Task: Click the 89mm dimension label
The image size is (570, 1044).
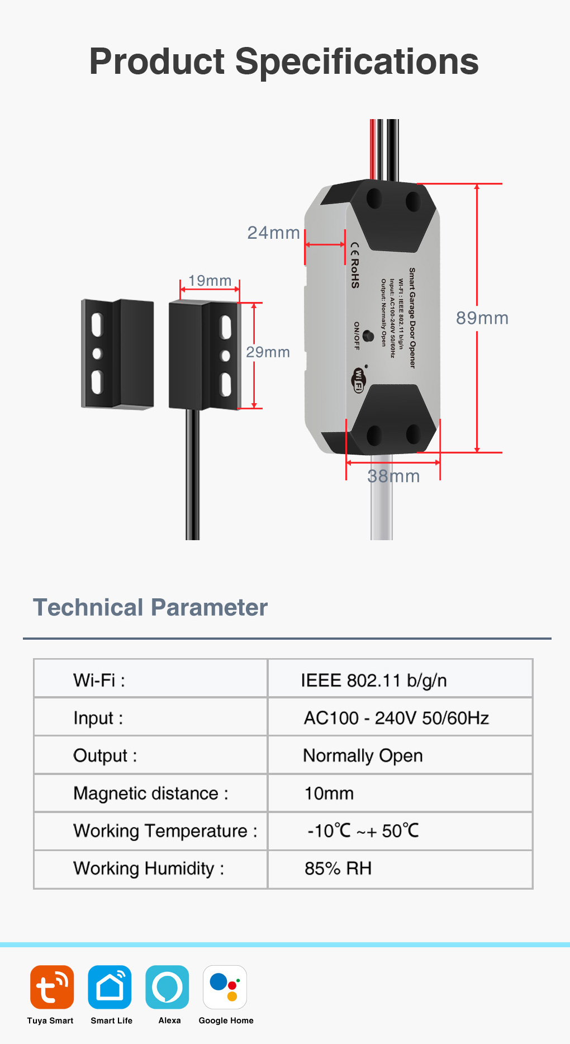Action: pos(482,318)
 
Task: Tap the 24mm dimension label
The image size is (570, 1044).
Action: pos(273,233)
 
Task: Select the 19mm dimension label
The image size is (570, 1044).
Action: pos(210,280)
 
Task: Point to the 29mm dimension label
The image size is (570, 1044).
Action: pos(268,352)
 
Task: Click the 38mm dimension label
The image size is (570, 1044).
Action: pos(393,476)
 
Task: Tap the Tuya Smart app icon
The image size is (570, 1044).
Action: pos(52,987)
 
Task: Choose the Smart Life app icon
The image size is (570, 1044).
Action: pos(110,987)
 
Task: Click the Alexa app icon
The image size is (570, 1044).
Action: pos(167,987)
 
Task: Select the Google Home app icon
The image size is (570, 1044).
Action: pos(225,987)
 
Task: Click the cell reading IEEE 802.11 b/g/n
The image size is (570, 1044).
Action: pos(373,681)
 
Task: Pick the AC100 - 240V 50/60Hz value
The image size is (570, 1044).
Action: pos(396,718)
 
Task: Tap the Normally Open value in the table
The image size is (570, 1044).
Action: pos(363,755)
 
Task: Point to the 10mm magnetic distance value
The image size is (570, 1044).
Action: pos(329,793)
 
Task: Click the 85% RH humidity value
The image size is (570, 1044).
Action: pos(338,868)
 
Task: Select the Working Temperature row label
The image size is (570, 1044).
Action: pos(165,831)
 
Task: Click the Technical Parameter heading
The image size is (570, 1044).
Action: pos(150,607)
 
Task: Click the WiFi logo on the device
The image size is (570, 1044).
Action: pos(358,380)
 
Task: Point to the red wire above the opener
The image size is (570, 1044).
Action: pos(372,149)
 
